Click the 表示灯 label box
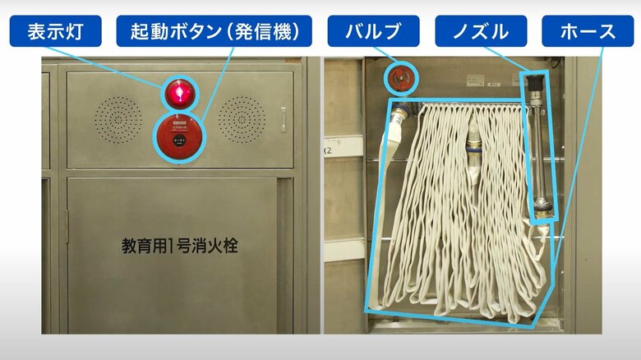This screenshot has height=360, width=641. coord(55,32)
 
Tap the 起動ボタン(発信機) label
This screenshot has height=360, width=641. coord(214,32)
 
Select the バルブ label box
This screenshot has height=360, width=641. coord(373,32)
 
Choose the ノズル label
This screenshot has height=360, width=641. coord(480,32)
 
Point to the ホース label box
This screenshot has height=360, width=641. coord(587,32)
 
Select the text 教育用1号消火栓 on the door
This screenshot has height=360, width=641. coord(179,245)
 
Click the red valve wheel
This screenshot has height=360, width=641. coord(402,79)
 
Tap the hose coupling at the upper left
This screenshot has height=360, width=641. coord(399,115)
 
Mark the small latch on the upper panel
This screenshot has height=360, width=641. coord(284,119)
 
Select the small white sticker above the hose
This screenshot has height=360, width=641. coord(476,81)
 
